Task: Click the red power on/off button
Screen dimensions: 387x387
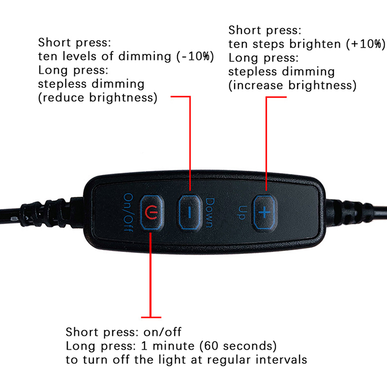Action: point(152,212)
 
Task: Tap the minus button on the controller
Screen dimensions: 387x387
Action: point(189,212)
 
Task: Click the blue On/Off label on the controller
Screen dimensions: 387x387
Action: point(128,212)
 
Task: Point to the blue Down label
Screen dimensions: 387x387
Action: point(210,212)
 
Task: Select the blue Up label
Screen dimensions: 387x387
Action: point(241,212)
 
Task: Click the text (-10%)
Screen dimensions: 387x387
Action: point(195,57)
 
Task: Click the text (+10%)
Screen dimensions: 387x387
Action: point(366,44)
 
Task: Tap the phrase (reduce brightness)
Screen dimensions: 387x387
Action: point(98,98)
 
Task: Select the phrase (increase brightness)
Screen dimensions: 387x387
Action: point(293,86)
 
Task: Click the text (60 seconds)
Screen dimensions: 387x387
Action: point(238,346)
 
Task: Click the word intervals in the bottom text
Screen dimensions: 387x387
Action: point(282,359)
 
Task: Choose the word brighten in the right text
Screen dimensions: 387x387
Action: point(315,44)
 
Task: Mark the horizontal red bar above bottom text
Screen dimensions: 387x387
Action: point(151,317)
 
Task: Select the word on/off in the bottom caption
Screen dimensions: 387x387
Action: point(163,332)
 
